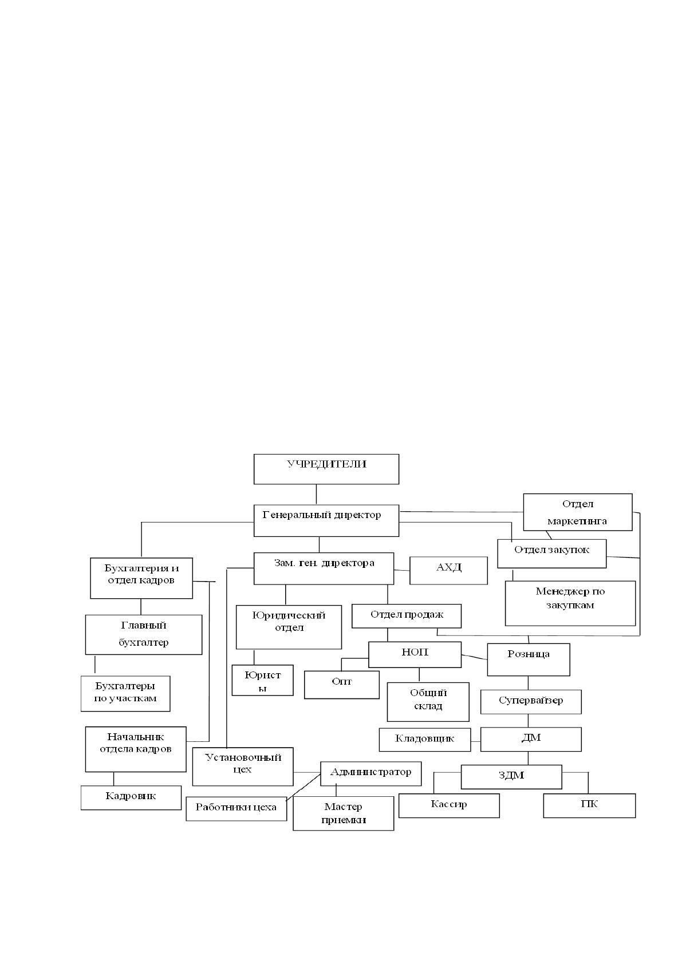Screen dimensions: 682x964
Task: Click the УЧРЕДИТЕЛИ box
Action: (x=326, y=469)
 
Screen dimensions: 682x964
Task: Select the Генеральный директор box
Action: (x=326, y=520)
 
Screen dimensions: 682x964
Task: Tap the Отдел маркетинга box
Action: (x=577, y=512)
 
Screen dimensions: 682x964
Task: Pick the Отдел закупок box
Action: (x=551, y=554)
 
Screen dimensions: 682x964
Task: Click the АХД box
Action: (x=448, y=570)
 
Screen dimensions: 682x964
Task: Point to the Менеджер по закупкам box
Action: (x=570, y=603)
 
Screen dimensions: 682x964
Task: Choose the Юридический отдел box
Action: (x=289, y=627)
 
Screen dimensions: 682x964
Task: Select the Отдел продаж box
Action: (x=407, y=616)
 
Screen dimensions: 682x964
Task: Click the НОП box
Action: (x=415, y=654)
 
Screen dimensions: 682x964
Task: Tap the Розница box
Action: (x=529, y=659)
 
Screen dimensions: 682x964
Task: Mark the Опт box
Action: (x=341, y=684)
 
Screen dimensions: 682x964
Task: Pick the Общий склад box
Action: (x=428, y=702)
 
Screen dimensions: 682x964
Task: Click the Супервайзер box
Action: (x=531, y=702)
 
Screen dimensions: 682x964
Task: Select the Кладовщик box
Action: (x=424, y=740)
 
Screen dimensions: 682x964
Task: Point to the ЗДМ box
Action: (x=511, y=777)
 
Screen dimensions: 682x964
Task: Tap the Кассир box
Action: (x=448, y=805)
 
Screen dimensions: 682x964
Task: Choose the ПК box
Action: (x=589, y=805)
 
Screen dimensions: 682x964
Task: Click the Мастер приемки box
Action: (x=343, y=813)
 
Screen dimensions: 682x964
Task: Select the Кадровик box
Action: (x=131, y=798)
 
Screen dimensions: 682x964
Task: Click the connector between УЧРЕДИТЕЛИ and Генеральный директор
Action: (x=317, y=494)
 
